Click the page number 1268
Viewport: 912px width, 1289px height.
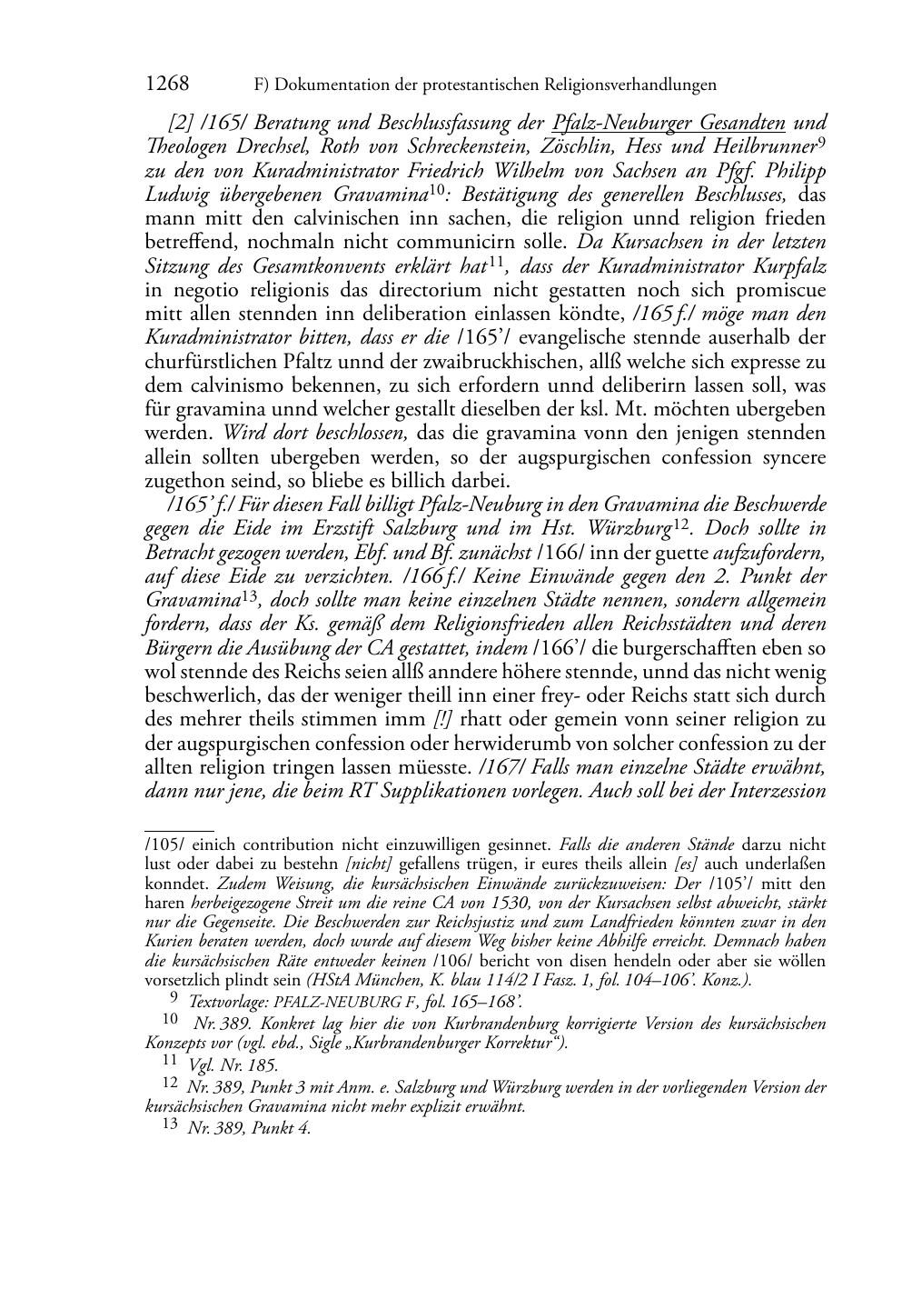167,85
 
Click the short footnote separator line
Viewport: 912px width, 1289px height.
179,830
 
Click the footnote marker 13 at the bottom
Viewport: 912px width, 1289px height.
170,1124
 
